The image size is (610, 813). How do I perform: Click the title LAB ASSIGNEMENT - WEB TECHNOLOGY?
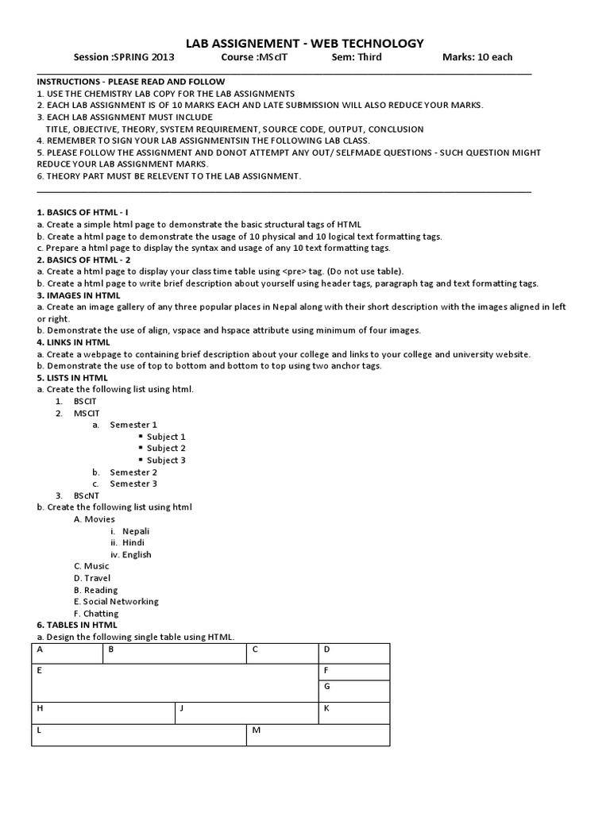tap(304, 44)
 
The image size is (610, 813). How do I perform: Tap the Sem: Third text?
tap(357, 57)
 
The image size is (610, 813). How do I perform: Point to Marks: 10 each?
tap(477, 57)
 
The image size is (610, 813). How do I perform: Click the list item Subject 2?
tap(166, 449)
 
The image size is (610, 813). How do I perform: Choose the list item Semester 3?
tap(133, 484)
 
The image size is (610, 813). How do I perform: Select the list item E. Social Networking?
tap(116, 602)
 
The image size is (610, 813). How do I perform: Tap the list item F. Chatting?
tap(96, 614)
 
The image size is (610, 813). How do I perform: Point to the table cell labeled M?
tap(318, 735)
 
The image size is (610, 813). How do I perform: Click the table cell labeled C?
tap(282, 653)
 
